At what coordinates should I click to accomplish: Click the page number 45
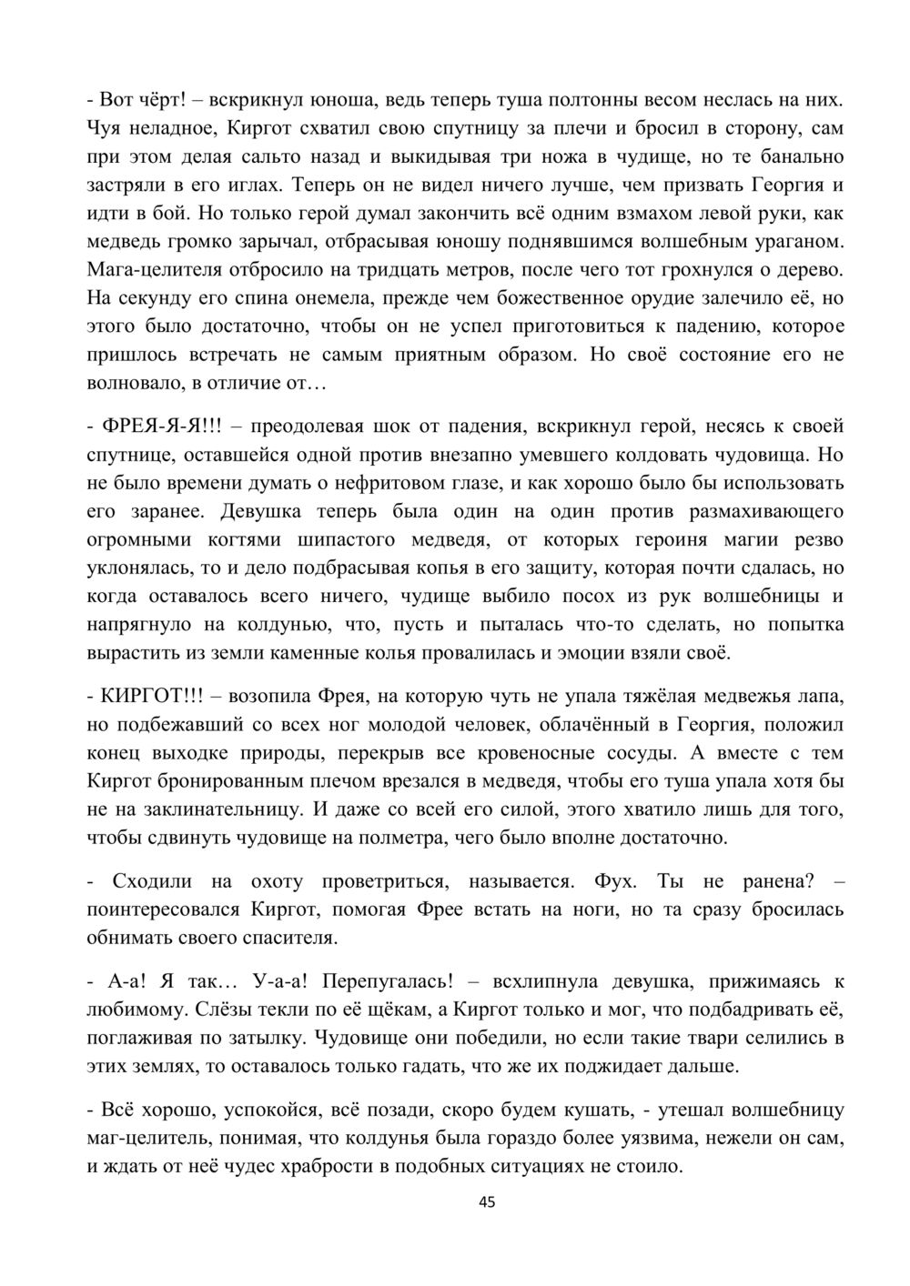(487, 1202)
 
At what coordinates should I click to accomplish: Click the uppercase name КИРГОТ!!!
(149, 697)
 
